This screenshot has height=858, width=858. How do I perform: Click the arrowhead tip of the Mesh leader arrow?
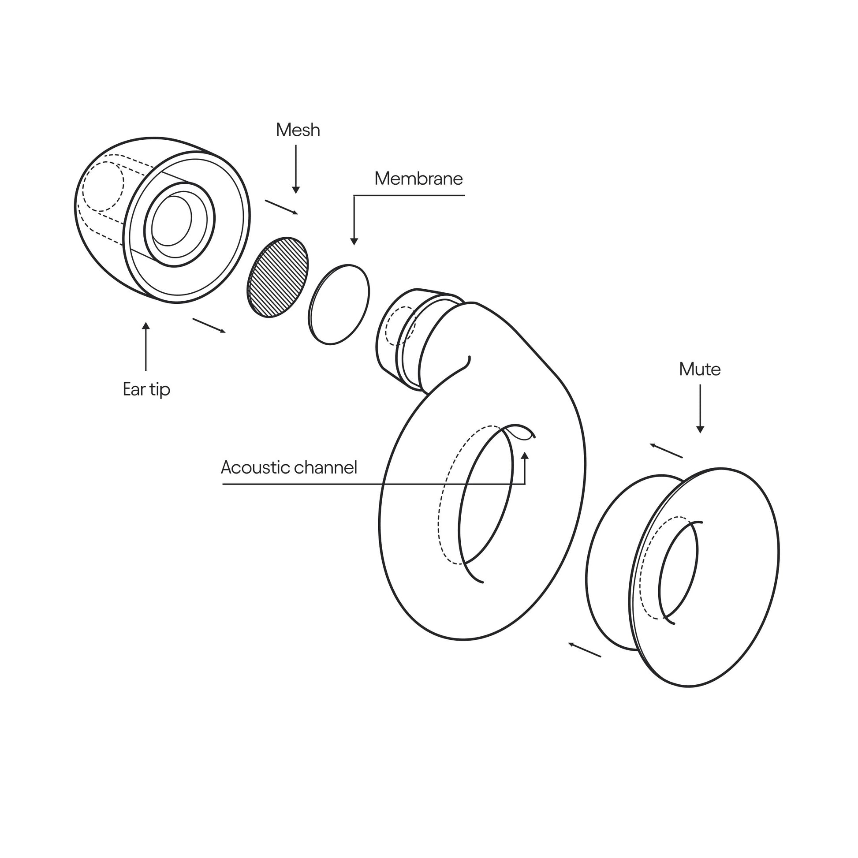[x=296, y=194]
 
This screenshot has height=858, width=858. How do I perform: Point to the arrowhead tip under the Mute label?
[x=700, y=433]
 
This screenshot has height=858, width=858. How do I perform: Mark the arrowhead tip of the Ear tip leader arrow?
[x=145, y=322]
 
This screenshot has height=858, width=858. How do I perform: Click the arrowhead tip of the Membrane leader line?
[x=354, y=245]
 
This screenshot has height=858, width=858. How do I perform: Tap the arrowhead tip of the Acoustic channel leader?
[x=525, y=451]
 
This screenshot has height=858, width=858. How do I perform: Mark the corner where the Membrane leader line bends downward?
[x=354, y=195]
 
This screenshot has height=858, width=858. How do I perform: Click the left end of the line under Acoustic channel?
[x=223, y=484]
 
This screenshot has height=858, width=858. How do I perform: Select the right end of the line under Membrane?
[x=465, y=195]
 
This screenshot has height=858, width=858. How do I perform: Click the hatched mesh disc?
[x=278, y=277]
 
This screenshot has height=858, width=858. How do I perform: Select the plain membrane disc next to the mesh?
[x=339, y=305]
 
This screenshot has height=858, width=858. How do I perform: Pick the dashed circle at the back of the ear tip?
[x=103, y=187]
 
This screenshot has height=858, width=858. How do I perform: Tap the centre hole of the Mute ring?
[x=678, y=572]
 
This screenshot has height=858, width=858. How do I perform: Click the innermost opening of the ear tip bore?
[x=172, y=220]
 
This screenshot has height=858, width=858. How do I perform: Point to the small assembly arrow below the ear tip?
[x=209, y=325]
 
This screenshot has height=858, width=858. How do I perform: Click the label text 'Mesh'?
[x=298, y=130]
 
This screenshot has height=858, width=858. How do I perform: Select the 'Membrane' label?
[x=419, y=179]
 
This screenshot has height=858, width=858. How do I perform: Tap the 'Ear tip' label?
[x=146, y=389]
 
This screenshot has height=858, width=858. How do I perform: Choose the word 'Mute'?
[x=700, y=369]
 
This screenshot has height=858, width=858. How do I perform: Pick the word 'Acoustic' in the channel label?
[x=255, y=467]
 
